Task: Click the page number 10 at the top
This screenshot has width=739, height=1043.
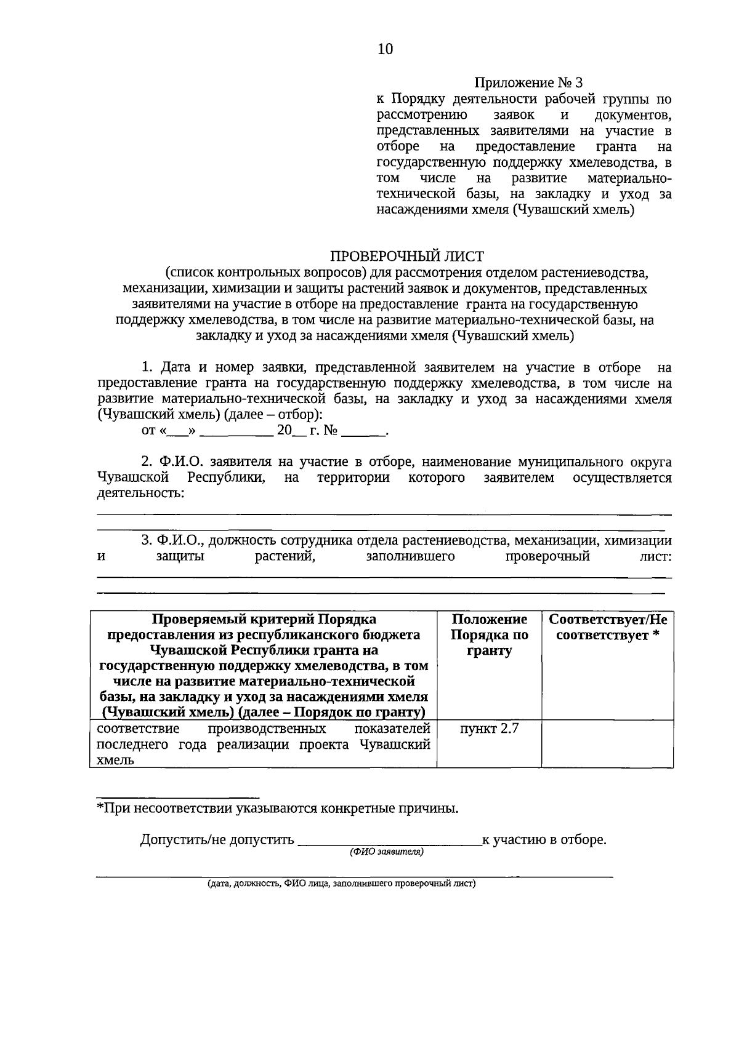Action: pos(385,49)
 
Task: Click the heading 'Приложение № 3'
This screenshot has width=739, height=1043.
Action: pos(528,82)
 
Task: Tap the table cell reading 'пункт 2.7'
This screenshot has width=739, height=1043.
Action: pos(489,729)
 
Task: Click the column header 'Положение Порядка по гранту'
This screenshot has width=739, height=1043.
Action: pos(489,635)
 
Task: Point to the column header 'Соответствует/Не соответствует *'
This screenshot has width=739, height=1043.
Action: pos(607,627)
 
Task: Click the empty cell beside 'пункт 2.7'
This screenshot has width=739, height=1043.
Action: pos(607,744)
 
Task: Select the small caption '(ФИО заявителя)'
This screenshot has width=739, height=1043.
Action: pos(387,852)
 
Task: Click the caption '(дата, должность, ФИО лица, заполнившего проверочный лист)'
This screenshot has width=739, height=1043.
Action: pos(341,884)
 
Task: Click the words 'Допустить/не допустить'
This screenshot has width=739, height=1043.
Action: pos(217,839)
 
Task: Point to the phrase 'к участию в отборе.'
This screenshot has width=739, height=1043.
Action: pos(544,839)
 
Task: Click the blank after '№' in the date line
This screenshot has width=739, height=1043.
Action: pos(363,431)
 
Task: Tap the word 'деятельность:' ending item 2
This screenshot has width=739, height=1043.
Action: pos(140,494)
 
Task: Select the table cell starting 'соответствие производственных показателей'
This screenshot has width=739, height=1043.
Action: pos(263,744)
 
